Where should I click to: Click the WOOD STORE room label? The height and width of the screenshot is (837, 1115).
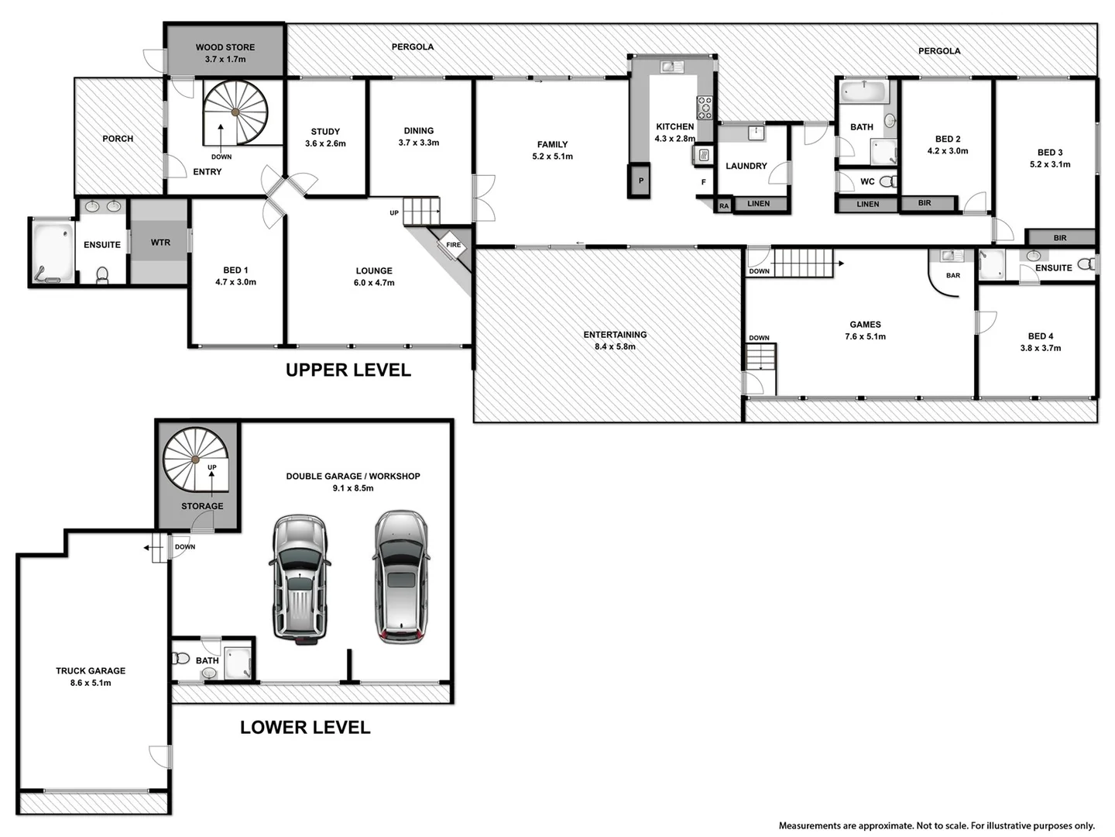point(225,47)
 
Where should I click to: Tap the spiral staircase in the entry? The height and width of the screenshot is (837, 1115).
point(236,113)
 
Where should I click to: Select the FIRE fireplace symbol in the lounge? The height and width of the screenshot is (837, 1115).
point(453,245)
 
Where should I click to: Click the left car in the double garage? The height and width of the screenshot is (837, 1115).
point(300,578)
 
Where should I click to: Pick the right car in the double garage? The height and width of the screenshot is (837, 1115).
point(400,577)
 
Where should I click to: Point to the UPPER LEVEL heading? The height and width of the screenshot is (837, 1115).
point(348,370)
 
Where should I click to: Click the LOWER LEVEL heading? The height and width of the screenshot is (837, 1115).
point(305,728)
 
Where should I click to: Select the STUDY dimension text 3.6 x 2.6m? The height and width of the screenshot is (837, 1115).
point(325,144)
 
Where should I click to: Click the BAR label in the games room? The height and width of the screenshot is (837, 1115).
point(953,276)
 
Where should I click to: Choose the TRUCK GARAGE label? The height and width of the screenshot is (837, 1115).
point(91,671)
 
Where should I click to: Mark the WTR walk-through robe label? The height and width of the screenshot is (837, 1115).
point(160,243)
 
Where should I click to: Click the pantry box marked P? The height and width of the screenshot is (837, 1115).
point(640,181)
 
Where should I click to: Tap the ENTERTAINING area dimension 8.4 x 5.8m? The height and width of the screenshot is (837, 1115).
point(615,347)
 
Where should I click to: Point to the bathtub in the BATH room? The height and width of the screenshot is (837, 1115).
point(863,92)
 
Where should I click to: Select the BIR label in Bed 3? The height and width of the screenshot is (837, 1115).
point(1060,238)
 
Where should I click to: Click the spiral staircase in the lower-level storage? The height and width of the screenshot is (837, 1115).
point(195,460)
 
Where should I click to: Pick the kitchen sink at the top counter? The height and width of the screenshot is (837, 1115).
point(671,67)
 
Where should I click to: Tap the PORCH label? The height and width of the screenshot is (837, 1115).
point(118,139)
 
